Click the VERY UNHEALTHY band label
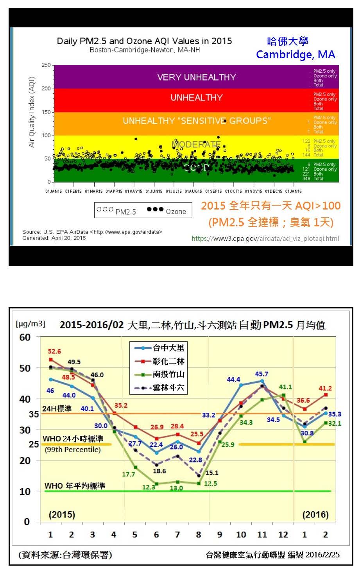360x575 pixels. pyautogui.click(x=196, y=77)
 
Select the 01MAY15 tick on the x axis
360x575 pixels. pyautogui.click(x=133, y=191)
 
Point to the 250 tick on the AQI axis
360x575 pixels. pyautogui.click(x=46, y=65)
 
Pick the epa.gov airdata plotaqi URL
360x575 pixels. pyautogui.click(x=265, y=238)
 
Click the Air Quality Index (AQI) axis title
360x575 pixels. pyautogui.click(x=32, y=112)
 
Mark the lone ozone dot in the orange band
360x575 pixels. pyautogui.click(x=224, y=121)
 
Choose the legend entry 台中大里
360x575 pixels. pyautogui.click(x=168, y=348)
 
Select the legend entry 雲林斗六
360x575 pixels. pyautogui.click(x=168, y=388)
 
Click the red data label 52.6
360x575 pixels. pyautogui.click(x=54, y=351)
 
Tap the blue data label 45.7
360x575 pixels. pyautogui.click(x=261, y=374)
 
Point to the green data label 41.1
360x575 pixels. pyautogui.click(x=285, y=387)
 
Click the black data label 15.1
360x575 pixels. pyautogui.click(x=212, y=473)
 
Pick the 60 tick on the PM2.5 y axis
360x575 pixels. pyautogui.click(x=25, y=337)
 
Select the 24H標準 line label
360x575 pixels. pyautogui.click(x=57, y=408)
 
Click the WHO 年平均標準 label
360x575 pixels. pyautogui.click(x=75, y=486)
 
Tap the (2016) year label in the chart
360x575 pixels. pyautogui.click(x=315, y=514)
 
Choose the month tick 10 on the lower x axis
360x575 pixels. pyautogui.click(x=241, y=534)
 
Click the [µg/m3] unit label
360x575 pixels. pyautogui.click(x=30, y=324)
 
